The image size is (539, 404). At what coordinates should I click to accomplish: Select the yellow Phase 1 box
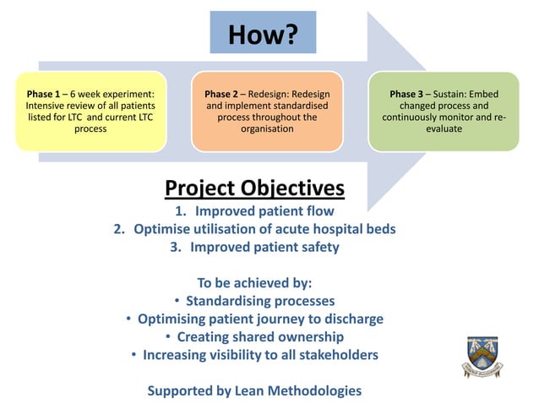click(90, 112)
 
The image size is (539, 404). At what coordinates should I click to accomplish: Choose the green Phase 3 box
click(444, 112)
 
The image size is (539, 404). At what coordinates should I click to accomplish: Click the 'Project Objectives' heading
click(254, 187)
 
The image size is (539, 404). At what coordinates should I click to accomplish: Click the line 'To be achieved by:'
click(254, 283)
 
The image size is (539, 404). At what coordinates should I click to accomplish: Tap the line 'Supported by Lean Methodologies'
click(254, 390)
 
